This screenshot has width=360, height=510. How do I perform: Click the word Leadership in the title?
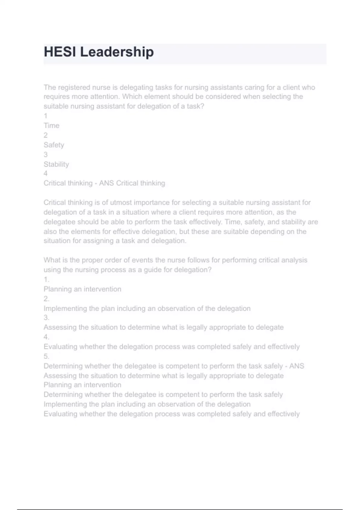(117, 52)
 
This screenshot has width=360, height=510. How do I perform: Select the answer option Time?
(51, 125)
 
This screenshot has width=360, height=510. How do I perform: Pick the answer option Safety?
(54, 145)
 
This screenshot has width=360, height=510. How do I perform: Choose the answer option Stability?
(56, 164)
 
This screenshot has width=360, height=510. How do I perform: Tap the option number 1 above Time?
(45, 116)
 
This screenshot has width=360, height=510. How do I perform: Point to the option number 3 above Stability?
(45, 154)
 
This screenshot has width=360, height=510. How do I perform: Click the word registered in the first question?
(74, 87)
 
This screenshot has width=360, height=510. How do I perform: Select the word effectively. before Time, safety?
(205, 222)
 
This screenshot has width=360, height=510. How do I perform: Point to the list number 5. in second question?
(46, 356)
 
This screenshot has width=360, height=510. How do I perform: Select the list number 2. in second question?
(46, 299)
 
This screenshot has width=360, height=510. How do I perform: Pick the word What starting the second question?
(52, 260)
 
